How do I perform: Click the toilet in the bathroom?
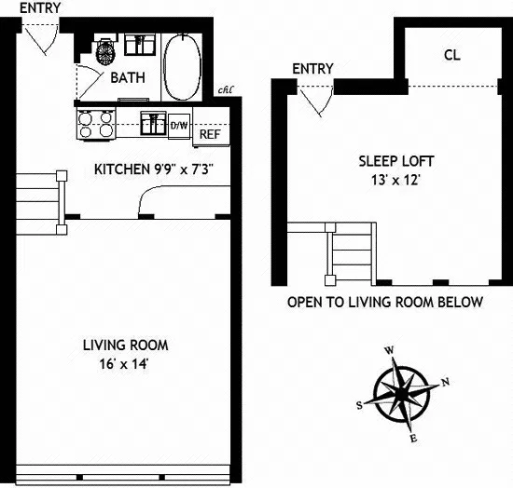(105, 48)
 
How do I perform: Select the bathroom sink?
(142, 43)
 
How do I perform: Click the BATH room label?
(128, 77)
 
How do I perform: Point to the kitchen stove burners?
(96, 124)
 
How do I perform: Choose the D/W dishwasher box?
(177, 124)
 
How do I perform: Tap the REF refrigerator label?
(209, 133)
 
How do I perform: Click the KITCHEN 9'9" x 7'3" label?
(155, 169)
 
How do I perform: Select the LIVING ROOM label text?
(128, 345)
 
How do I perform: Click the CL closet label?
(451, 55)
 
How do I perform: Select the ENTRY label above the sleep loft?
(312, 69)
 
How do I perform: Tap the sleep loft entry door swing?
(316, 96)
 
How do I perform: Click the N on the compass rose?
(445, 381)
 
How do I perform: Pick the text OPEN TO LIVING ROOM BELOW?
(384, 303)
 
